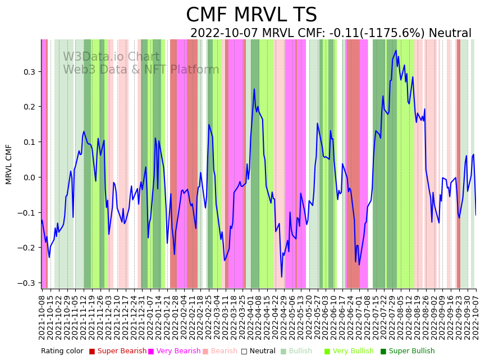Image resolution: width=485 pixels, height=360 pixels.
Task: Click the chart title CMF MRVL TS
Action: (x=251, y=15)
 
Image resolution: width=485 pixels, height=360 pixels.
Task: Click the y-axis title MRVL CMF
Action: (x=9, y=164)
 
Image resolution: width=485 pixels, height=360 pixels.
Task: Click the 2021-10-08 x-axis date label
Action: (x=42, y=317)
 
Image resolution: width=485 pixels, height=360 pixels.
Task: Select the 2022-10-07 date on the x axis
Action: (x=476, y=317)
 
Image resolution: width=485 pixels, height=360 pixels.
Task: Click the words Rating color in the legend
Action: (x=62, y=351)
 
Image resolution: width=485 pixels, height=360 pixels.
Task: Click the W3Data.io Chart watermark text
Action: (x=111, y=57)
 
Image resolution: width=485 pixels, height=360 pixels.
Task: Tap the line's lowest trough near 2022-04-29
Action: (x=282, y=277)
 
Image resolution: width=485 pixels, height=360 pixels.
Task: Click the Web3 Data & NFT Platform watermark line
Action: (x=141, y=70)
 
